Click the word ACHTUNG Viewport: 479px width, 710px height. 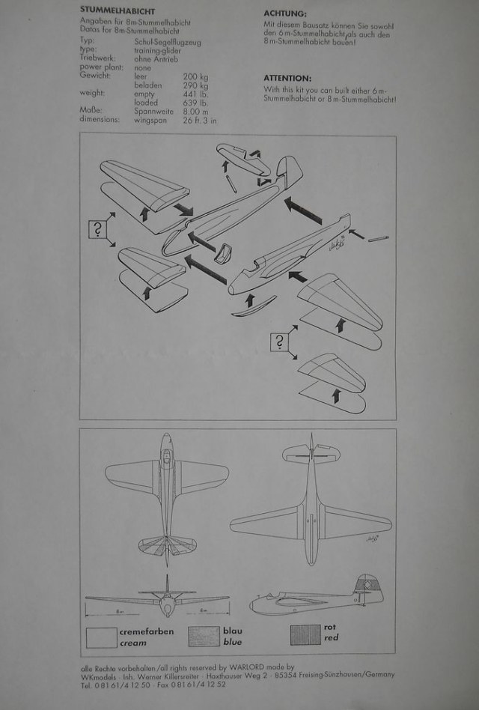(285, 13)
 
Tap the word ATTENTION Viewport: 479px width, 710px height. (288, 77)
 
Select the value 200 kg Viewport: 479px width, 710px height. (195, 76)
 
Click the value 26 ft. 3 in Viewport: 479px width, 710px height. (199, 119)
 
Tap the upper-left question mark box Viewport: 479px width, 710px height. (98, 229)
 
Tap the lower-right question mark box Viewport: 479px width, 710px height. (280, 343)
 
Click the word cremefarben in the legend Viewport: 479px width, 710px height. (146, 632)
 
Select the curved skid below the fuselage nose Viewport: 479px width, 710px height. (252, 305)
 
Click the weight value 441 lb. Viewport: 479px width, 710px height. (195, 94)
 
